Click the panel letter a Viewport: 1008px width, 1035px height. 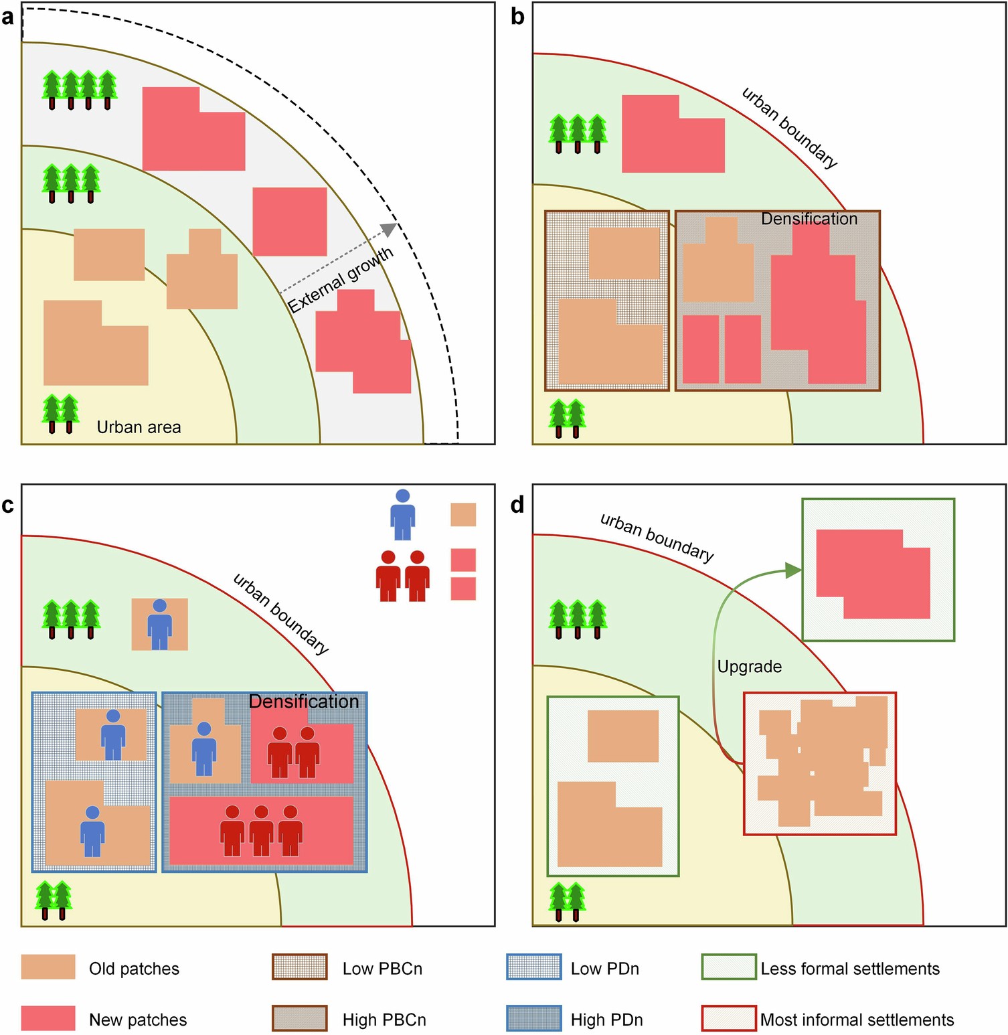[x=8, y=17]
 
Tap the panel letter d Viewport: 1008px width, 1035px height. [x=517, y=505]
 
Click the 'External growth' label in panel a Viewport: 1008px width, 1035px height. [x=341, y=280]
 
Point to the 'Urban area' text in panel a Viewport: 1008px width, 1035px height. [x=139, y=427]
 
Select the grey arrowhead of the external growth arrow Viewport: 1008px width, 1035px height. [x=388, y=230]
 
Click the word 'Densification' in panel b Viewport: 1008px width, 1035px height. [x=809, y=219]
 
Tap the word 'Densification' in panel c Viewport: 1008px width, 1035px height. [x=304, y=702]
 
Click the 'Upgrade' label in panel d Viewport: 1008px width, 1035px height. [x=749, y=667]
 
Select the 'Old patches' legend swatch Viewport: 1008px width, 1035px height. [x=48, y=967]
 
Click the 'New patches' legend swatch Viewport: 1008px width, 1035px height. [x=48, y=1018]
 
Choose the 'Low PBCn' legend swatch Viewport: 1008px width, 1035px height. [x=299, y=967]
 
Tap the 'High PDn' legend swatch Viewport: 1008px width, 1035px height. [x=533, y=1018]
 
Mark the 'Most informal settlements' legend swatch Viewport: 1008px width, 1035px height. [x=729, y=1018]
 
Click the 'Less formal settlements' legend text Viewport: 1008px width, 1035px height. [x=850, y=969]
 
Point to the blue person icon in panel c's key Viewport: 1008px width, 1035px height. [x=402, y=514]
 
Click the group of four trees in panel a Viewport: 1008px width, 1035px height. [x=80, y=90]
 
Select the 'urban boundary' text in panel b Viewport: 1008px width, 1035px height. [x=790, y=128]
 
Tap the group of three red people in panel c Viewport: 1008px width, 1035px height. [x=261, y=830]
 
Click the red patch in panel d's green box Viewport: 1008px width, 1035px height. [x=873, y=573]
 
